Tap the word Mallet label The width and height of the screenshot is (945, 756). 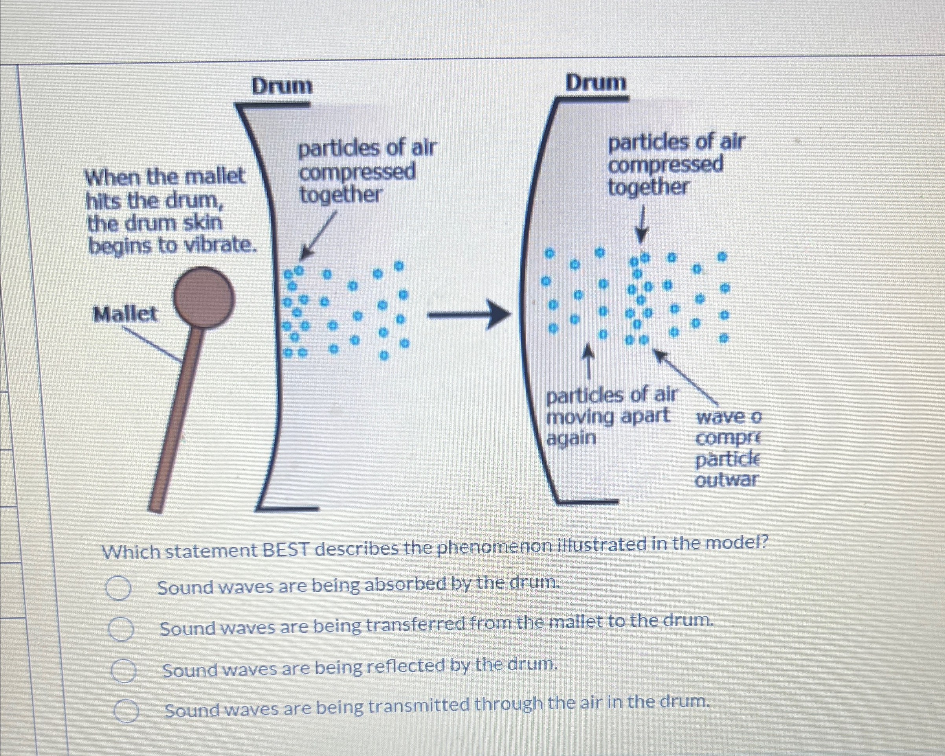tap(125, 314)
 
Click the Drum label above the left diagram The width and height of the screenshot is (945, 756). tap(282, 86)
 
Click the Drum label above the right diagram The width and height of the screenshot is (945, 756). tap(596, 83)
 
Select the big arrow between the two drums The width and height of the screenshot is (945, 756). tap(469, 315)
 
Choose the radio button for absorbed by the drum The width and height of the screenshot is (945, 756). tap(118, 588)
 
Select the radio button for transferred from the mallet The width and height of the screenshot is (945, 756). tap(121, 629)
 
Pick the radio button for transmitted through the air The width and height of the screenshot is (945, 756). tap(127, 711)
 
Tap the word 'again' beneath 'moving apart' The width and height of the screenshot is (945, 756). tap(571, 438)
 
